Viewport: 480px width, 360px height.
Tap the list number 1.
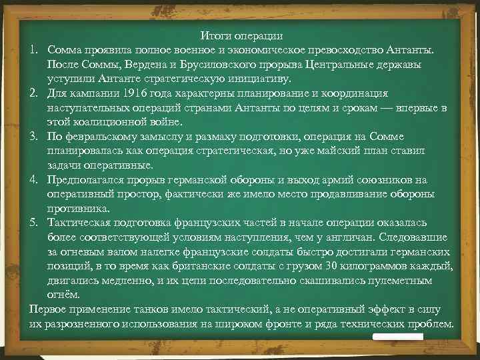pos(33,50)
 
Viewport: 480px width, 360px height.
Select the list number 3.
pos(33,137)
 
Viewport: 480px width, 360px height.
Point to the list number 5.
pos(33,223)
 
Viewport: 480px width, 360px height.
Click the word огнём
pos(62,295)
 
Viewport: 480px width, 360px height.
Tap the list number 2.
pos(33,93)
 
